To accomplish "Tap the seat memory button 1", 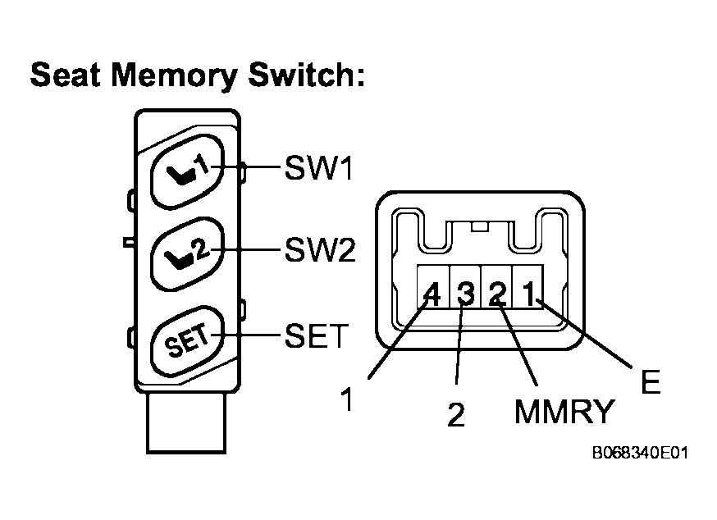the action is click(187, 171).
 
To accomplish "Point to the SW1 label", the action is click(319, 168).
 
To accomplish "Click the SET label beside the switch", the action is click(317, 335).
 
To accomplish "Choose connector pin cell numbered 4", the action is click(432, 287).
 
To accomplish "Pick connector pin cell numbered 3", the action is click(465, 287).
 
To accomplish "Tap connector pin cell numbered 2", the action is click(496, 287).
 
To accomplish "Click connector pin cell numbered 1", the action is click(528, 287).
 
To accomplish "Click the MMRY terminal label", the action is click(564, 411).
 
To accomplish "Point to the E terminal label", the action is click(651, 381).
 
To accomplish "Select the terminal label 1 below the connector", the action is click(348, 399).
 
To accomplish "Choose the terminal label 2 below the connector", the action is click(456, 414).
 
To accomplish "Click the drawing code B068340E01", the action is click(640, 453).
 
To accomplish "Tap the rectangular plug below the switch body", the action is click(186, 422).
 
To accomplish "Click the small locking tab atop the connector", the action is click(480, 226).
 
